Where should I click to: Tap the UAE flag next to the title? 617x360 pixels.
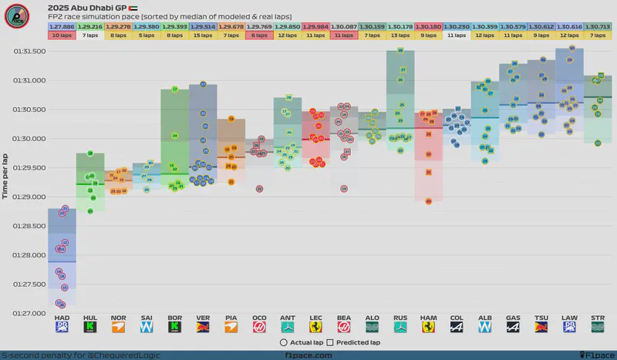click(x=123, y=7)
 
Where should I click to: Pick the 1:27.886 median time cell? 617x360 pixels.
click(x=62, y=26)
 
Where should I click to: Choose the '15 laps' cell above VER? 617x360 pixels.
click(x=203, y=35)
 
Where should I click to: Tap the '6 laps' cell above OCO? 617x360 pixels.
click(x=259, y=35)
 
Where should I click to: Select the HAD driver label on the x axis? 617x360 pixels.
click(x=62, y=318)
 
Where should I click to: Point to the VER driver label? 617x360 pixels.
click(x=203, y=318)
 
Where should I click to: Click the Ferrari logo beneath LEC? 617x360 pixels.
click(x=315, y=329)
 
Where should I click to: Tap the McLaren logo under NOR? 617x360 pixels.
click(x=119, y=329)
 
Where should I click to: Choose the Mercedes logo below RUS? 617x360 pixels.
click(x=400, y=329)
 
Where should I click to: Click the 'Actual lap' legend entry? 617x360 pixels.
click(x=301, y=342)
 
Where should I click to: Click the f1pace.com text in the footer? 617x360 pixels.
click(x=308, y=355)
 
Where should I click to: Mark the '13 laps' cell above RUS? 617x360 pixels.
click(x=400, y=35)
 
